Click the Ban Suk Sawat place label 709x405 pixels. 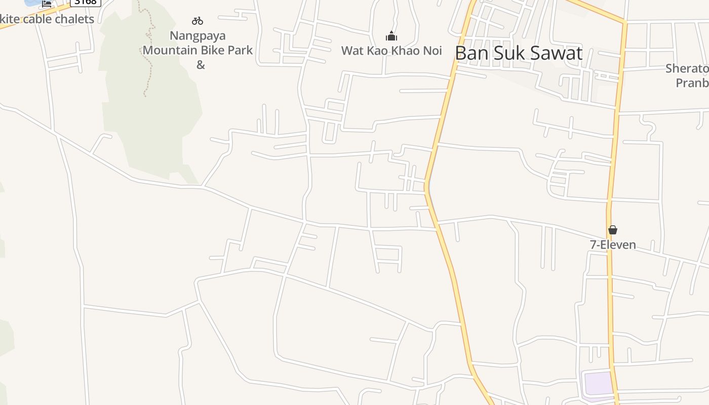[x=519, y=53]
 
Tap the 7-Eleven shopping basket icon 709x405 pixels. [x=613, y=230]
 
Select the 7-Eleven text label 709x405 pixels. [x=613, y=245]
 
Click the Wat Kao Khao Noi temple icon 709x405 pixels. [x=391, y=36]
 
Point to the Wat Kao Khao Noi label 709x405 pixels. [x=391, y=51]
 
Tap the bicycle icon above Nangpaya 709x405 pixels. [x=198, y=21]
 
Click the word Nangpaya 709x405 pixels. [x=198, y=36]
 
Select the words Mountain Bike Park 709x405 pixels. [x=198, y=50]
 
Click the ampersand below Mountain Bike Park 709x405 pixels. [x=201, y=65]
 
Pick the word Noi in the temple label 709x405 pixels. [x=431, y=51]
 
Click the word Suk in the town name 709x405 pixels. [x=509, y=53]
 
